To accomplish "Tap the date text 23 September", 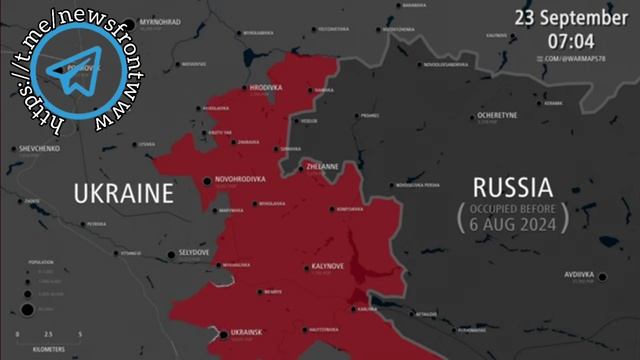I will [571, 17].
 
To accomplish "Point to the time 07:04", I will [571, 42].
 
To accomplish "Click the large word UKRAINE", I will [124, 192].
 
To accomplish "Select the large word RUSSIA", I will [511, 187].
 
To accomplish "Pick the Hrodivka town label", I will [266, 88].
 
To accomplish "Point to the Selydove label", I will [194, 253].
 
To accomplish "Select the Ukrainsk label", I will [246, 331].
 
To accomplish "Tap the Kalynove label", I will [327, 266].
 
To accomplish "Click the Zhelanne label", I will [322, 166].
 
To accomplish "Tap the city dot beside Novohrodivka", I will [208, 181].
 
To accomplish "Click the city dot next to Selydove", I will [170, 254].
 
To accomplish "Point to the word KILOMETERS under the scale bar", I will [49, 350].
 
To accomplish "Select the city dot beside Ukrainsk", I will [222, 332].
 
